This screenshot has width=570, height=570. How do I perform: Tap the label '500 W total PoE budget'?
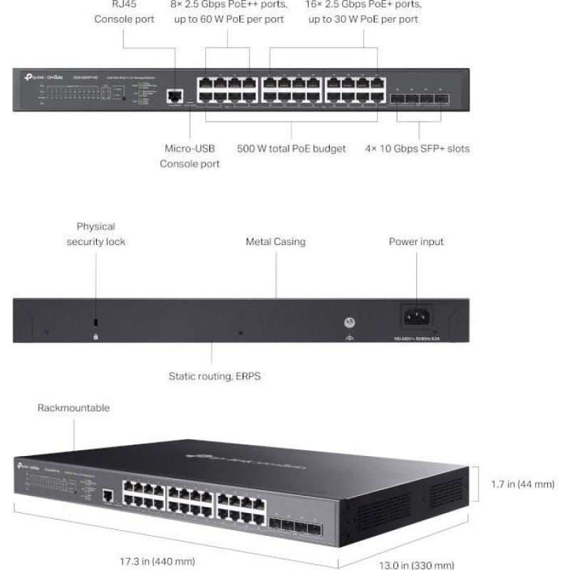click(291, 149)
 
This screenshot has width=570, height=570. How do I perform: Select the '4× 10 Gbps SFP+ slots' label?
click(416, 149)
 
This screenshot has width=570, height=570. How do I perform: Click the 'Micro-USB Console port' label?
click(190, 156)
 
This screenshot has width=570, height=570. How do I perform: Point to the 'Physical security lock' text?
click(96, 234)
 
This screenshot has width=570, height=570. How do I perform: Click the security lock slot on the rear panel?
click(96, 323)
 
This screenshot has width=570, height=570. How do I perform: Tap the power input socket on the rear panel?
click(416, 315)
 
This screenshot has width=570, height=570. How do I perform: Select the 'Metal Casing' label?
click(275, 242)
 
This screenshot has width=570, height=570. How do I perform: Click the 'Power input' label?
click(416, 242)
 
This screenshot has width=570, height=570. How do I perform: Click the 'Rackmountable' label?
click(73, 408)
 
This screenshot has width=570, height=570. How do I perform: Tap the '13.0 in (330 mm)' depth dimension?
click(416, 565)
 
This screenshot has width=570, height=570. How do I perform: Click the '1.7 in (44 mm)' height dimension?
click(523, 484)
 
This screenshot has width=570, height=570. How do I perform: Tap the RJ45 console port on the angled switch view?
click(108, 494)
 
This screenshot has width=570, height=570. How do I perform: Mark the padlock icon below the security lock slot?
click(96, 336)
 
